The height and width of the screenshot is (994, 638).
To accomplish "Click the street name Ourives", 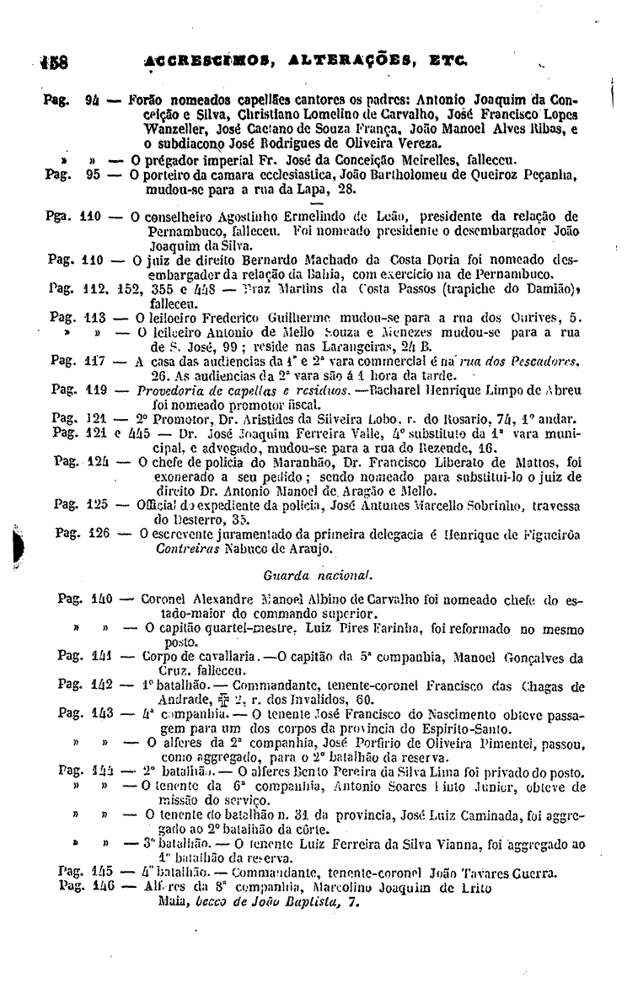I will point(539,317).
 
